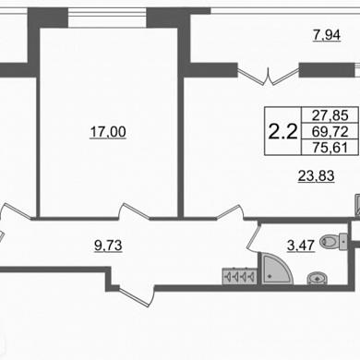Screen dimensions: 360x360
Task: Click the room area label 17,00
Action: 108,132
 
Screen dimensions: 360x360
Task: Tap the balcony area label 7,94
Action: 327,35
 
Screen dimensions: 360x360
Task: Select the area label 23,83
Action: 317,176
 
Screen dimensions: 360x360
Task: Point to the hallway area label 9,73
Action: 108,246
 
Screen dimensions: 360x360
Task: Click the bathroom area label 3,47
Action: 301,246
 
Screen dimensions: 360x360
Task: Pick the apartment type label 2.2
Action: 282,131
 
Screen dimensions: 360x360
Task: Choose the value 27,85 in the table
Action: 330,115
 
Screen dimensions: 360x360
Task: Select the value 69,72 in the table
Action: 330,132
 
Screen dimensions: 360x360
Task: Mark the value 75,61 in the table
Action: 330,148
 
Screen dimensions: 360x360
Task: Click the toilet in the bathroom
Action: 333,242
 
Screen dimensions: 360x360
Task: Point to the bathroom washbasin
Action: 318,278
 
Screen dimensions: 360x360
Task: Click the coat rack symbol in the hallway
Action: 240,276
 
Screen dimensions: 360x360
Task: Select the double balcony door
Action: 269,76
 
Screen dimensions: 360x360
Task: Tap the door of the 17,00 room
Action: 134,211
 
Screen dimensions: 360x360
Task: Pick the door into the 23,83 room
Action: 231,211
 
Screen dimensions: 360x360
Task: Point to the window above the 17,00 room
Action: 107,18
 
